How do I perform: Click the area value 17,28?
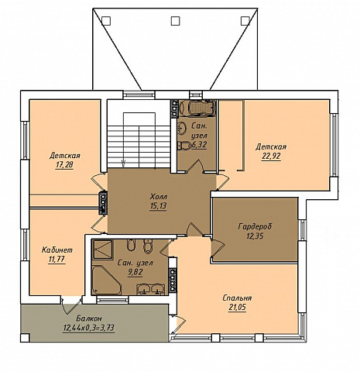64,165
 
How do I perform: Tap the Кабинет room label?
57,250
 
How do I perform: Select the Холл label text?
159,197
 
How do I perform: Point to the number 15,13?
158,206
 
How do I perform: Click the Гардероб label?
255,226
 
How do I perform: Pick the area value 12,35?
255,236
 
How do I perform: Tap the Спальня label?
237,298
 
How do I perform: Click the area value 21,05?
237,308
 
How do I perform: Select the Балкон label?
89,318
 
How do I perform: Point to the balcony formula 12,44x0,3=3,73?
89,328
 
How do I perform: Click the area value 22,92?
271,157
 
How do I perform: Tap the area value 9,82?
135,272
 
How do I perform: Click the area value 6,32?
199,145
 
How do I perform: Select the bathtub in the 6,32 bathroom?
197,108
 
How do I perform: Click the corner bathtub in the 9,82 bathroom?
107,280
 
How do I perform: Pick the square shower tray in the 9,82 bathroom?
103,250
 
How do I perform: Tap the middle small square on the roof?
175,21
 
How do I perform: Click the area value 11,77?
57,260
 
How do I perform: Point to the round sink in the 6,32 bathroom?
183,127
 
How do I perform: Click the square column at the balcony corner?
25,338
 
